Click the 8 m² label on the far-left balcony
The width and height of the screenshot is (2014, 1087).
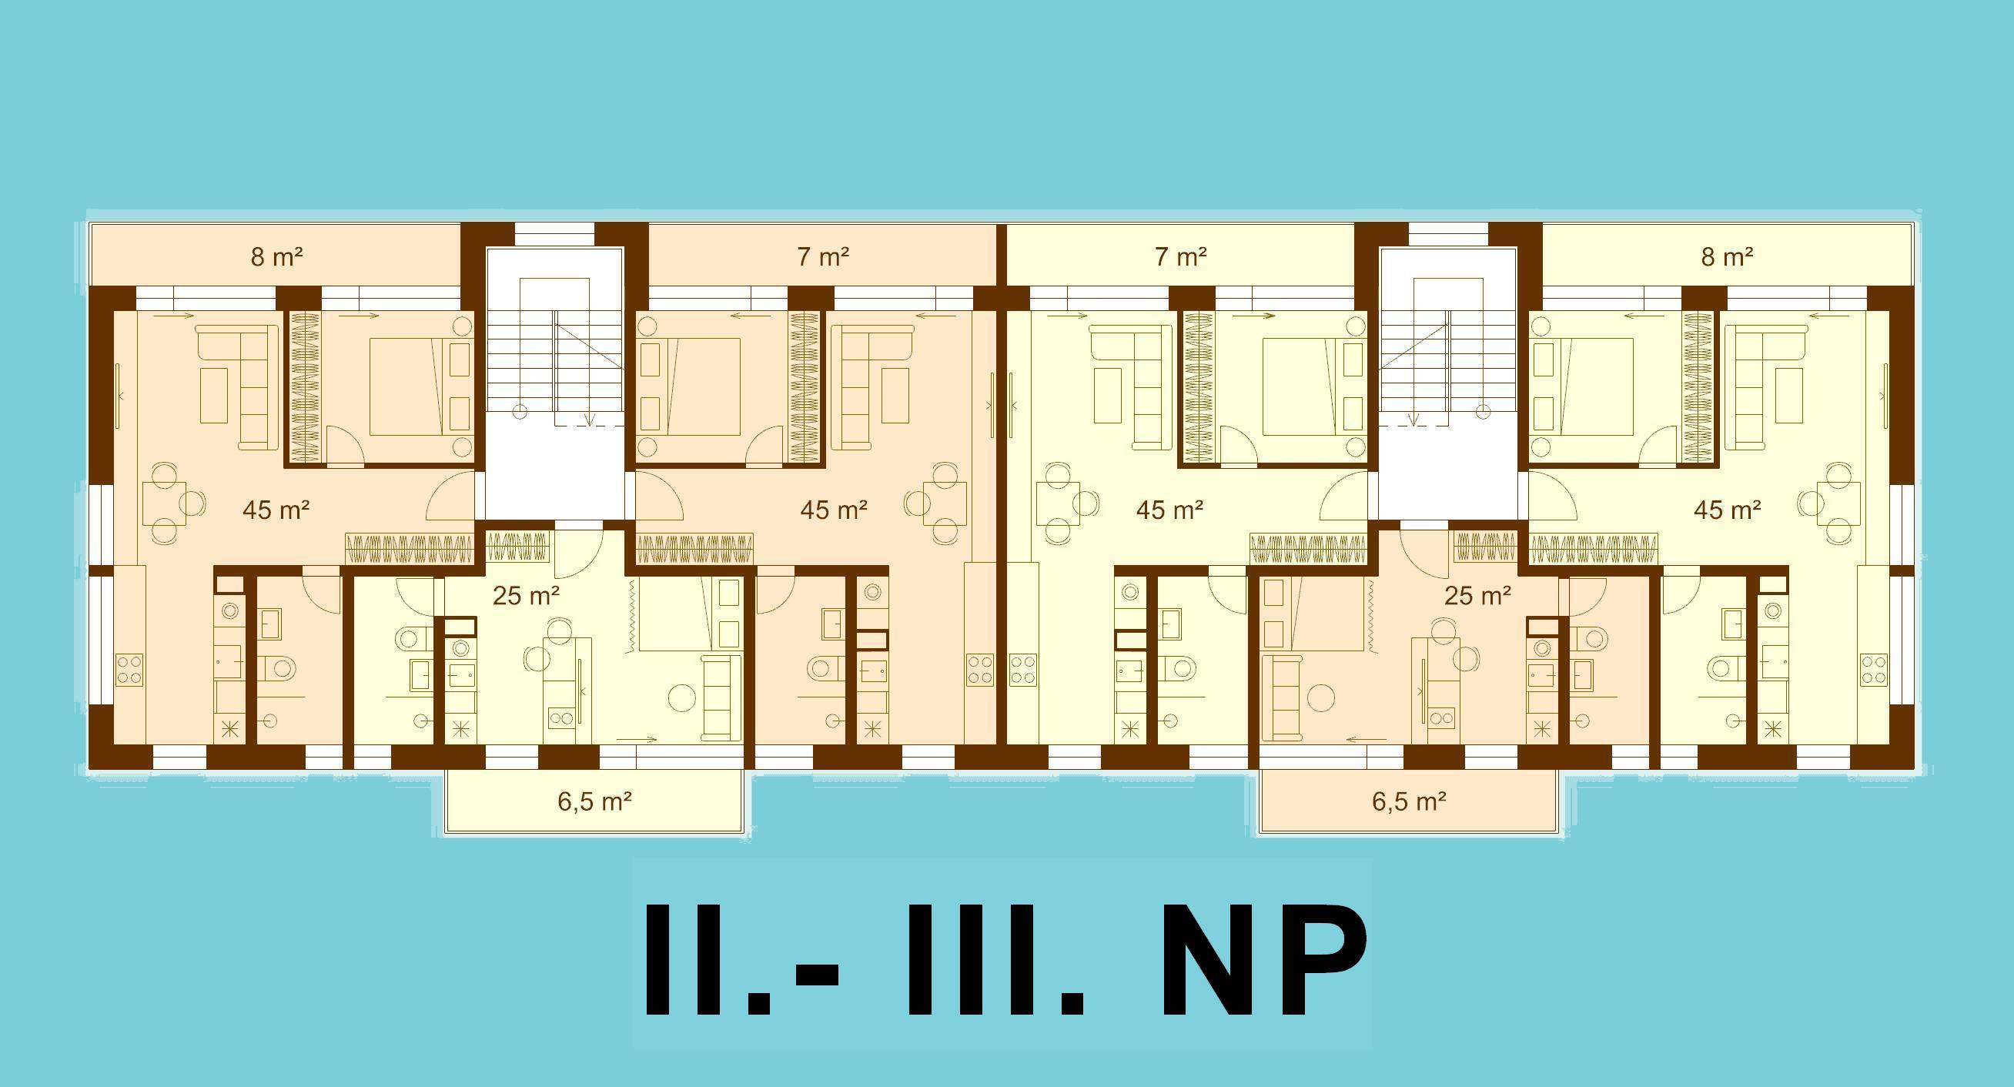tap(276, 257)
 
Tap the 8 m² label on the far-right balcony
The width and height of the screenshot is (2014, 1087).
tap(1727, 257)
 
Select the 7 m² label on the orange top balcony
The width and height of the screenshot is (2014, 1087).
tap(823, 257)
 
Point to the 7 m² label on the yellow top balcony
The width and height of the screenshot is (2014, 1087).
tap(1180, 257)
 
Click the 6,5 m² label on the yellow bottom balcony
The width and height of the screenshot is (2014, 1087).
tap(594, 801)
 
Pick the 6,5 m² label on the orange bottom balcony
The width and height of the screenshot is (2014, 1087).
tap(1409, 801)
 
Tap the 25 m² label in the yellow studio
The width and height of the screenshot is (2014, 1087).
tap(526, 596)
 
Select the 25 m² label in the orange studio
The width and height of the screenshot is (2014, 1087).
tap(1477, 596)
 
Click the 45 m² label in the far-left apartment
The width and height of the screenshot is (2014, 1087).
tap(276, 510)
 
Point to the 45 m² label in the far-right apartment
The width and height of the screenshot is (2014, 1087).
tap(1727, 510)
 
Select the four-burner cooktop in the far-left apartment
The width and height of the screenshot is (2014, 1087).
tap(130, 670)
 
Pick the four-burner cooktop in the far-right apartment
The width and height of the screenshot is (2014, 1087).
tap(1874, 670)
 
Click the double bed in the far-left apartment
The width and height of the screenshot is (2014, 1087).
tap(420, 386)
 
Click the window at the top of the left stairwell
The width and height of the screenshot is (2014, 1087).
tap(555, 235)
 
